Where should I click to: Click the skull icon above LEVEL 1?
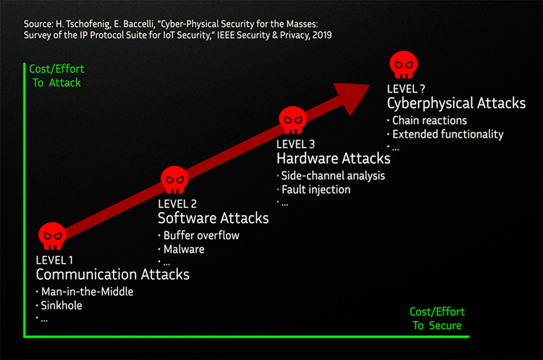tap(52, 235)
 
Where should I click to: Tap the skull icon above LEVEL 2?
tap(174, 179)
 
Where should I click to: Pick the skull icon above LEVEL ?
tap(405, 64)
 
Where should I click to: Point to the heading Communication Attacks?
tap(112, 275)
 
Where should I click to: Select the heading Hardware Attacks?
tap(333, 159)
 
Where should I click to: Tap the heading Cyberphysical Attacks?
tap(456, 103)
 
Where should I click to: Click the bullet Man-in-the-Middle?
tap(87, 292)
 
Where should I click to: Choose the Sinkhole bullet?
tap(64, 305)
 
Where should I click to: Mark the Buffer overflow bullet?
tap(201, 235)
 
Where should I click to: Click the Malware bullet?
tap(184, 248)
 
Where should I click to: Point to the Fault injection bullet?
tap(316, 190)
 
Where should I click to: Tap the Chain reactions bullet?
tap(429, 120)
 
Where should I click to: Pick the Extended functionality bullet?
tap(447, 134)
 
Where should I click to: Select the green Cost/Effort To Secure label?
tap(437, 319)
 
